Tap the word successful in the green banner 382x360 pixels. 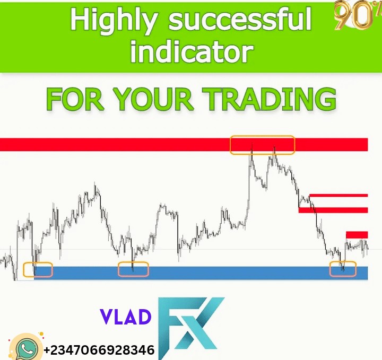pos(240,20)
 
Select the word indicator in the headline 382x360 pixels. pos(192,51)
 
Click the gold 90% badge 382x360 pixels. pos(352,16)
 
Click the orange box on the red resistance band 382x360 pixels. pos(262,145)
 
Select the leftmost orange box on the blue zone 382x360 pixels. pos(38,269)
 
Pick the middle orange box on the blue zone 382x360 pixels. pos(133,269)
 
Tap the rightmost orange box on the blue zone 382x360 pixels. pos(343,269)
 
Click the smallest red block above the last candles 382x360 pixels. pos(357,234)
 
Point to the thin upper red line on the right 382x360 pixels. pos(338,195)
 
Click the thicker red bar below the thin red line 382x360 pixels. pos(333,210)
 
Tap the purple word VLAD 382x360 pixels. pos(125,317)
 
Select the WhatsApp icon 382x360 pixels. pos(25,347)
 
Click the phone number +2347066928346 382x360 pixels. pos(99,350)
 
